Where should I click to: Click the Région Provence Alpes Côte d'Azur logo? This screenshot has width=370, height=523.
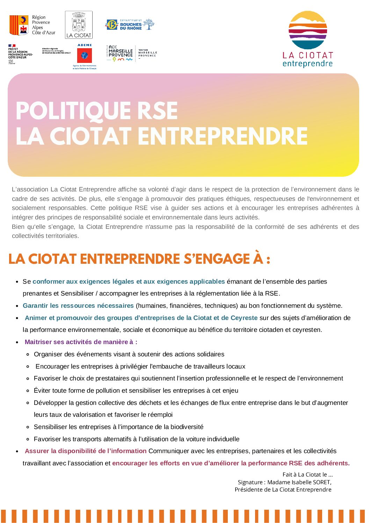coord(32,25)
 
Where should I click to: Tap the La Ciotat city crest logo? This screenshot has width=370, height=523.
coord(79,24)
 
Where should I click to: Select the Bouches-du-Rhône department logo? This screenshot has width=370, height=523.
coord(130,24)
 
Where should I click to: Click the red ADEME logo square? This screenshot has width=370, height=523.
coord(84,55)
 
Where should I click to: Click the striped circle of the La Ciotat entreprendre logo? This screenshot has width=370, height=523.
coord(307,30)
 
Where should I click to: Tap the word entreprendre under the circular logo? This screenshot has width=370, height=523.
coord(307,64)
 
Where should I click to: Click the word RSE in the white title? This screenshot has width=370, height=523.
coord(157,111)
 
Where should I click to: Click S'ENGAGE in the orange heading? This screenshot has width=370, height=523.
coord(217,259)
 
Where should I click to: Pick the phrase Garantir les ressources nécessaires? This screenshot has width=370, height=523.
coord(78,306)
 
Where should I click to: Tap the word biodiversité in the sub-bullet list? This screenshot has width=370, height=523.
coord(187,427)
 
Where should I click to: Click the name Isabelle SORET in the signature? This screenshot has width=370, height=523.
coord(311,482)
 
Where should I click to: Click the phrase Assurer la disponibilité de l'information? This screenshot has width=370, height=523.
coord(86,451)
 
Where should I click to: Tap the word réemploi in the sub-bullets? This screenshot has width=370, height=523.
coord(160,415)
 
